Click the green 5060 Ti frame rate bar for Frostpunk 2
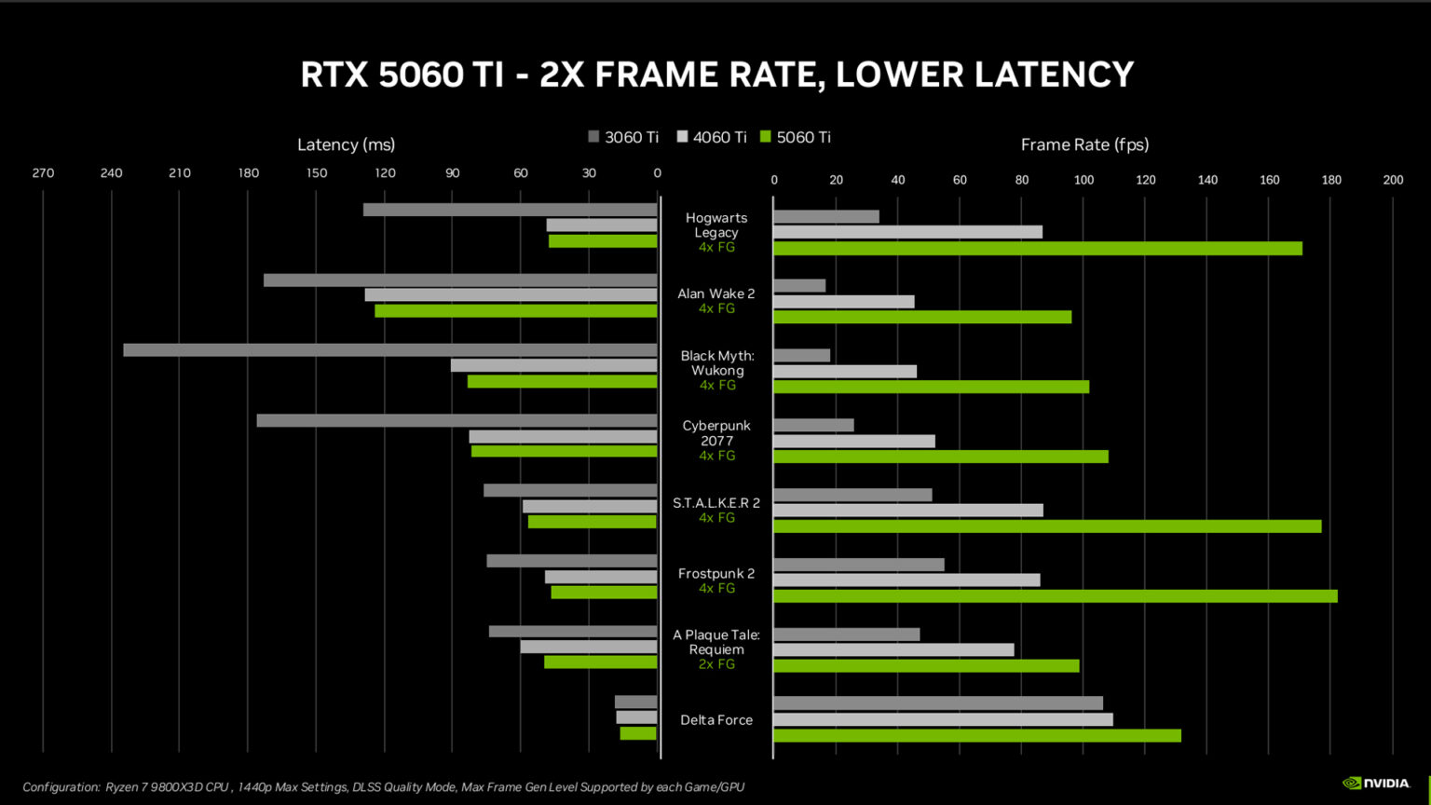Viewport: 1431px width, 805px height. [x=1055, y=596]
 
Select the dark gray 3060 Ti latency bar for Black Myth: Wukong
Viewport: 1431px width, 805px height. [x=389, y=350]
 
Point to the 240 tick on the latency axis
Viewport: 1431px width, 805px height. [x=111, y=173]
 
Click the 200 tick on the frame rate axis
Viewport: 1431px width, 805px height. [x=1393, y=180]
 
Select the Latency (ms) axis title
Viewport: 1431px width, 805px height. [x=346, y=144]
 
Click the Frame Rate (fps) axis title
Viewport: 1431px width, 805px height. [x=1084, y=144]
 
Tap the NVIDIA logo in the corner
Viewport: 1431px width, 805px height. [x=1376, y=784]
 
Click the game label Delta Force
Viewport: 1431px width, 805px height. [x=715, y=720]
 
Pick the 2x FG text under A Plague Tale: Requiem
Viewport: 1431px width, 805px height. [x=716, y=664]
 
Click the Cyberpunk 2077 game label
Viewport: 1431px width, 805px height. [x=715, y=433]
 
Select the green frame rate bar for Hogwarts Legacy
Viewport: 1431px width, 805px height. [x=1037, y=249]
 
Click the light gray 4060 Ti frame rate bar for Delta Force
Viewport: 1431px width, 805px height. [x=943, y=720]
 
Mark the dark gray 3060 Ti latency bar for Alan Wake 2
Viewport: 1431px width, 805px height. [x=460, y=280]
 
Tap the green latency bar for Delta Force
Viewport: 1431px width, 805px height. [x=638, y=733]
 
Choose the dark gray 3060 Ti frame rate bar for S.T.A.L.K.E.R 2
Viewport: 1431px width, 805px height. [x=852, y=495]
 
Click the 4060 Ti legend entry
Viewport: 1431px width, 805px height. [x=712, y=137]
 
